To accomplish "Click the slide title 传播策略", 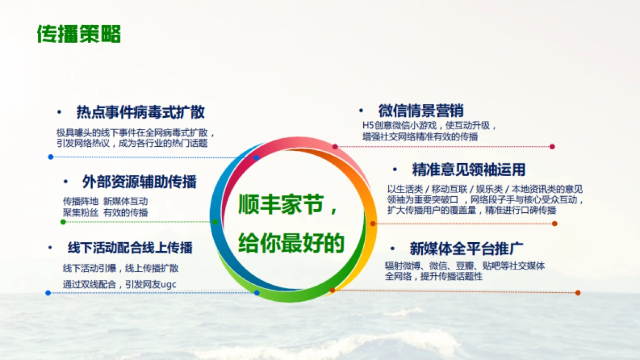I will tap(79, 34).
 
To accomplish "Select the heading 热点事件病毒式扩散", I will tap(141, 113).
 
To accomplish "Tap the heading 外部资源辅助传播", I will tap(139, 182).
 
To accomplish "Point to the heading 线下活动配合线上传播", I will tap(130, 248).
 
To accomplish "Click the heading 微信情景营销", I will tap(421, 111).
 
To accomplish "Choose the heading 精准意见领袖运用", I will tap(469, 170).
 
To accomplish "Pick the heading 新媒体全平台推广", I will tap(466, 249).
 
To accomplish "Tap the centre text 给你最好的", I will tap(291, 242).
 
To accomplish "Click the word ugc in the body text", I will tap(168, 285).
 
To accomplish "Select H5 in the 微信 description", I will tap(367, 126).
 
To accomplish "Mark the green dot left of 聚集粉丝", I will tap(63, 222).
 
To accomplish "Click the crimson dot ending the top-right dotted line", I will tap(552, 147).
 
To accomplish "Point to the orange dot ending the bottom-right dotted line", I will tap(578, 293).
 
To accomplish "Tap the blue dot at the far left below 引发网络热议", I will tap(51, 157).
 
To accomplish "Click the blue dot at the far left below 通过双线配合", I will tap(48, 293).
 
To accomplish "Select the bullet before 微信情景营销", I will tap(361, 111).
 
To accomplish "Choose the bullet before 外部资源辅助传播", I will tap(66, 182).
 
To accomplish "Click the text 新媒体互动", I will tap(125, 202).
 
